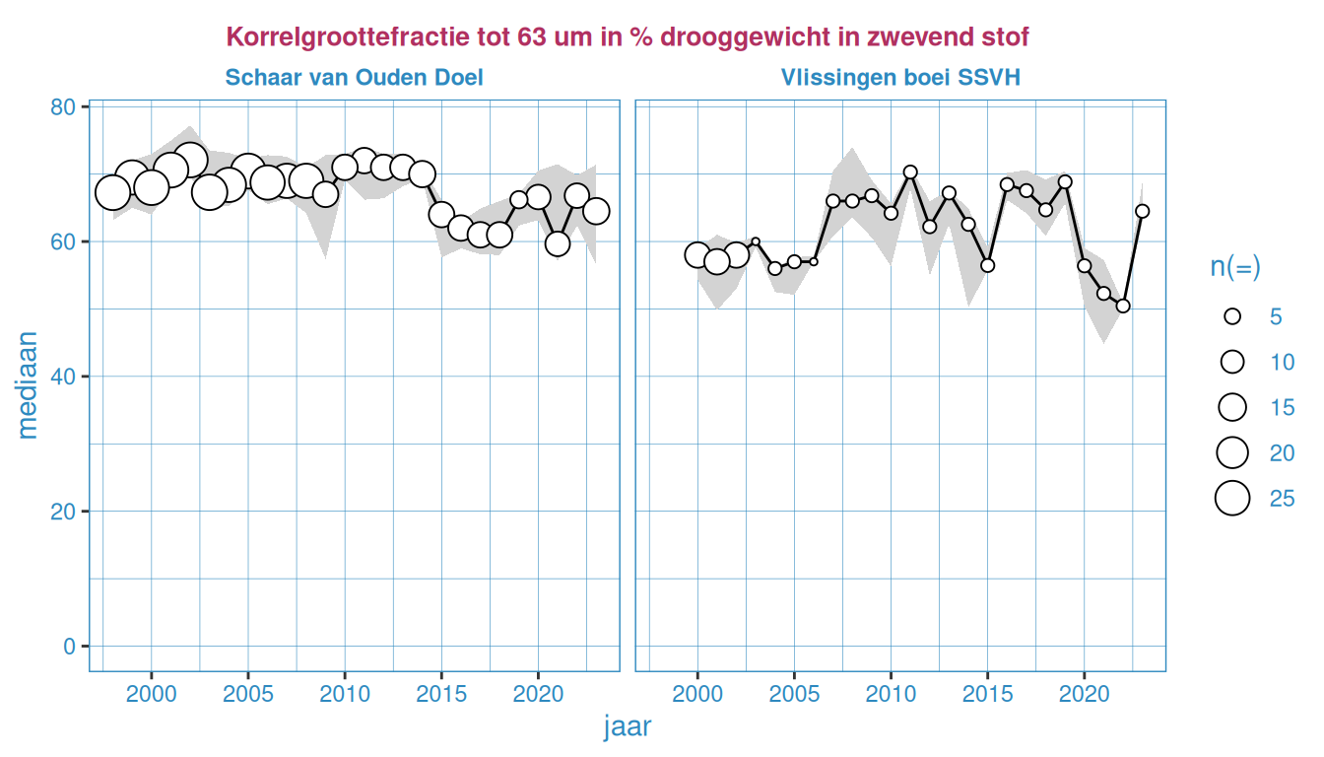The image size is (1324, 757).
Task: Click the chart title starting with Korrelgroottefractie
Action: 628,37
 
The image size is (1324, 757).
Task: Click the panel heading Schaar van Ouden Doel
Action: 354,77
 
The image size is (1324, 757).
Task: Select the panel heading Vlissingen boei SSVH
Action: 900,77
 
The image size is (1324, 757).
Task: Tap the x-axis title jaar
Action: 627,727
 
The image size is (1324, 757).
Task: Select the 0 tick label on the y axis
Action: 69,646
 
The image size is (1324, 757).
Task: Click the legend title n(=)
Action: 1235,267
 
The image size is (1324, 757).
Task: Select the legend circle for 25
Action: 1231,499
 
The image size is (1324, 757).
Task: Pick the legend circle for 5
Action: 1231,316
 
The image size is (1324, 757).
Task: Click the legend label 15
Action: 1282,407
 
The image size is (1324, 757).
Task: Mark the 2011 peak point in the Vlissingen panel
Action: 910,172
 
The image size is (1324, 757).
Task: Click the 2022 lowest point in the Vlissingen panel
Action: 1123,306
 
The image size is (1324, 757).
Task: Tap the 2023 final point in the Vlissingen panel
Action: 1143,211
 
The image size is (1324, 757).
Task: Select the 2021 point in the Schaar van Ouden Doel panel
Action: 558,243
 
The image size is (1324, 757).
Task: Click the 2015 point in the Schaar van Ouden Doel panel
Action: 441,214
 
